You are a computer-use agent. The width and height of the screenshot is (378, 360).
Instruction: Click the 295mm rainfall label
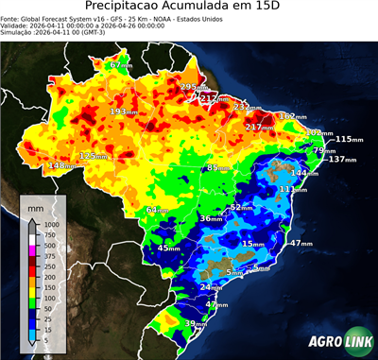(190, 87)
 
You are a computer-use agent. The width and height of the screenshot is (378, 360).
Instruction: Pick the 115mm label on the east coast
(348, 139)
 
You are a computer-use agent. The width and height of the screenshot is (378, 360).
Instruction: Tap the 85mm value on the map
(218, 167)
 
